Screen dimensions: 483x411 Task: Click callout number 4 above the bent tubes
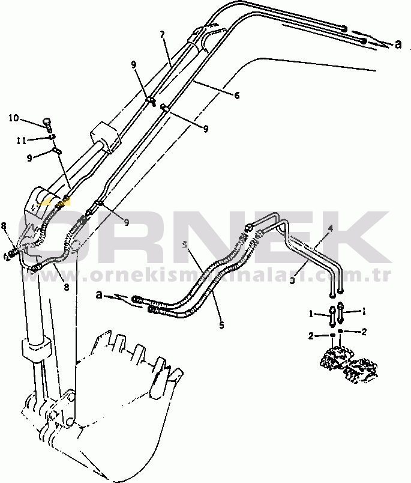point(329,228)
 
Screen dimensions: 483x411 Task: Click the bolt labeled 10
point(47,124)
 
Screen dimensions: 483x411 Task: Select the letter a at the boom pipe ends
point(398,43)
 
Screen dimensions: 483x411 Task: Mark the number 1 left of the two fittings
point(311,313)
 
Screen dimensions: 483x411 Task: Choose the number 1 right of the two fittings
point(362,311)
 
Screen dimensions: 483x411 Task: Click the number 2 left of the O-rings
point(311,336)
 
